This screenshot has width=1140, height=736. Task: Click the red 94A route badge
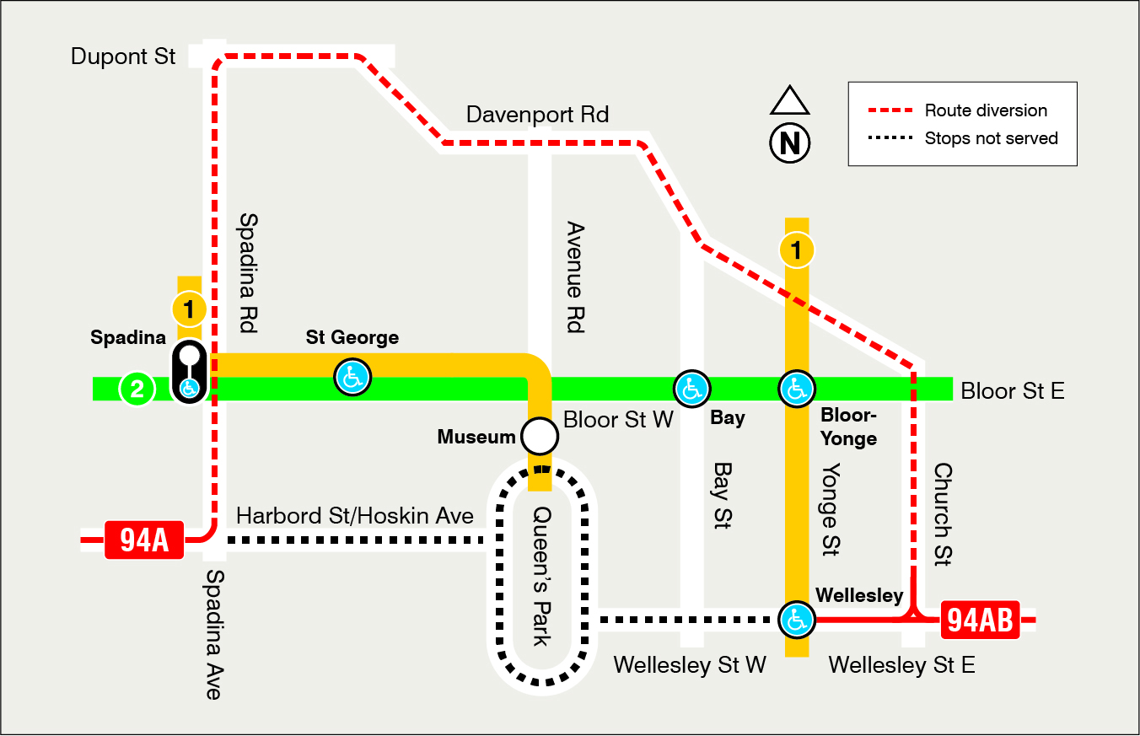pos(144,540)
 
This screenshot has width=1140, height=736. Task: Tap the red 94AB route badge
pos(980,620)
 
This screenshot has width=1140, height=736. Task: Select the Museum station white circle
pos(540,436)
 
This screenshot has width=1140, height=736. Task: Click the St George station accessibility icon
pos(352,377)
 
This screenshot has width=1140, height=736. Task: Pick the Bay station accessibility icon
pos(692,389)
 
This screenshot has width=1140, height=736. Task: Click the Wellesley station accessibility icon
pos(796,620)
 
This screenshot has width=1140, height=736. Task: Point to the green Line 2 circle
pos(137,389)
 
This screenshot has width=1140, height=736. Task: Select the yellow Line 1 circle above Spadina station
pos(189,309)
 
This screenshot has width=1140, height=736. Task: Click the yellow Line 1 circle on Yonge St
pos(797,250)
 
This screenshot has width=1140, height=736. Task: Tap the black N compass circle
pos(790,142)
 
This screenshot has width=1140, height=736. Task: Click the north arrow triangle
pos(790,102)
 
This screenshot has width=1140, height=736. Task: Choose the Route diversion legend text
pos(985,110)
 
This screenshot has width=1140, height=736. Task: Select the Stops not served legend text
pos(991,138)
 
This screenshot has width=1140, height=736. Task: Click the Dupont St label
pos(123,56)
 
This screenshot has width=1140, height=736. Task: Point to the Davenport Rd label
pos(537,115)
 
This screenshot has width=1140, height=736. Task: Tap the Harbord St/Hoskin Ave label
pos(354,515)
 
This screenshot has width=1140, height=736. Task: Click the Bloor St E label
pos(1012,390)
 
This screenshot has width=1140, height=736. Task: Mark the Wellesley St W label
pos(690,665)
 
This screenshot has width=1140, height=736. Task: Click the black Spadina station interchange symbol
pos(190,372)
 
